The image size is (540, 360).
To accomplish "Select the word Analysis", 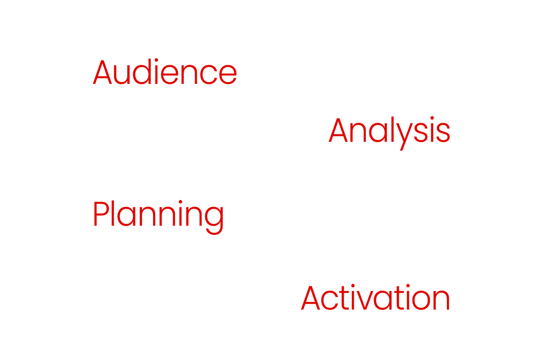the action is pos(389,133).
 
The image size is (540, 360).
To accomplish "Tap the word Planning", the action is pos(158,217).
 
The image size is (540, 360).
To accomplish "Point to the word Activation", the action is pos(375,297).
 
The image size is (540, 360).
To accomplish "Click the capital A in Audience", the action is pos(102,72).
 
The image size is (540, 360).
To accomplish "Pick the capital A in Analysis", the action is pos(338,130).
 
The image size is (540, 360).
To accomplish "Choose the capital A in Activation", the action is pos(310,298).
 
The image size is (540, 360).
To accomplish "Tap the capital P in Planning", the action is pos(102,213).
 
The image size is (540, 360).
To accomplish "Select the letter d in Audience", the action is pos(142,71).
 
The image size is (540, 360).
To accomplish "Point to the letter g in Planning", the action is pos(214,221).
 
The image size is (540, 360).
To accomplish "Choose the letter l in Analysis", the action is pos(392,129).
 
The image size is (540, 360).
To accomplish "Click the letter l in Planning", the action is pos(113,213).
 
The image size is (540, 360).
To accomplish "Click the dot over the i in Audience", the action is pos(156,60).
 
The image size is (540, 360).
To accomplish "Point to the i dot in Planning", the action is pos(180,202).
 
